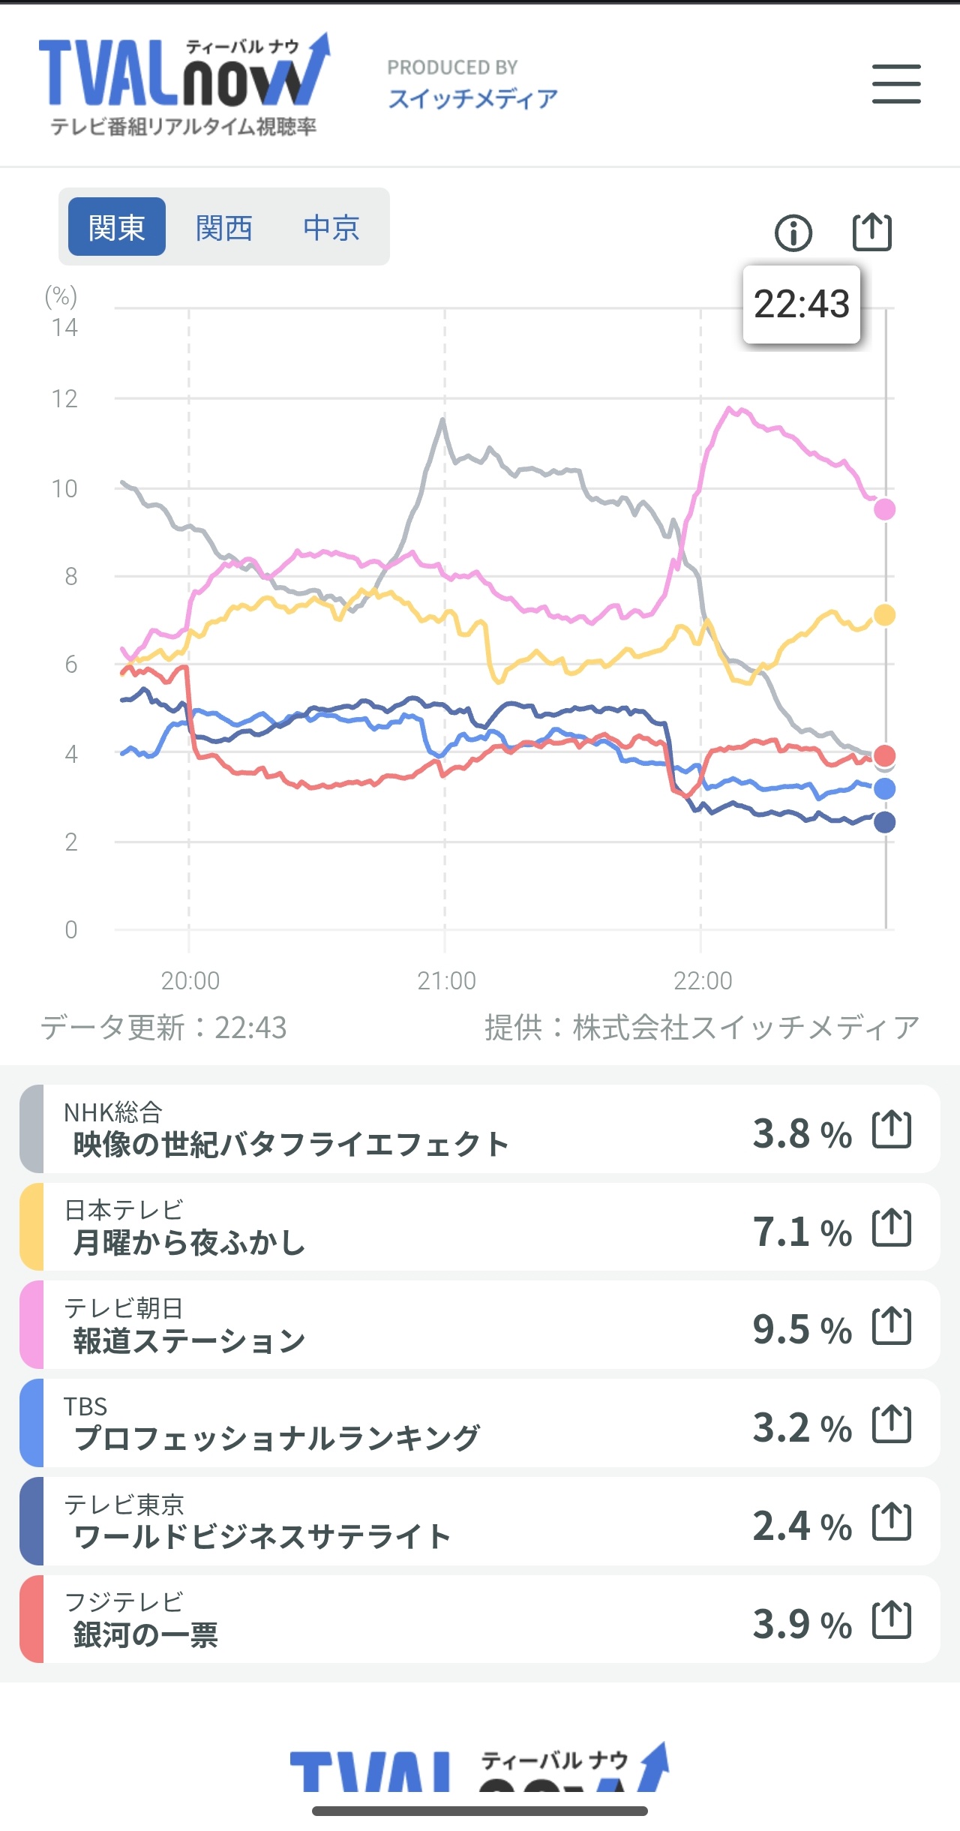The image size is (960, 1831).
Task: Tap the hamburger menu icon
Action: coord(896,83)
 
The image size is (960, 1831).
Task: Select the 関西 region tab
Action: coord(223,227)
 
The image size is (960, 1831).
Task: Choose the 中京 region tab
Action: coord(331,227)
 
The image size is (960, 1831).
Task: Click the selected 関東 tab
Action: coord(116,227)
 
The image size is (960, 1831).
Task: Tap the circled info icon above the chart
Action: coord(793,233)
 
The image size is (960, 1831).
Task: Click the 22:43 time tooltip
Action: coord(801,305)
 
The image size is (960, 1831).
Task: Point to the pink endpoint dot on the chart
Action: coord(884,509)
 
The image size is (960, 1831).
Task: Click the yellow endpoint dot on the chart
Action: coord(884,615)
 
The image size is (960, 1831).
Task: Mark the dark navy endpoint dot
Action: coord(884,822)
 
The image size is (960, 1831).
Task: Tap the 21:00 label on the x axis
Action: coord(446,980)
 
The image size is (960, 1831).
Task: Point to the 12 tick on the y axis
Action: coord(64,399)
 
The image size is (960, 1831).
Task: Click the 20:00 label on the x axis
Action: coord(190,980)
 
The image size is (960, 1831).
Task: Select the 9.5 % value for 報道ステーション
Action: coord(802,1329)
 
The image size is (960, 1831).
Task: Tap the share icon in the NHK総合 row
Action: coord(892,1129)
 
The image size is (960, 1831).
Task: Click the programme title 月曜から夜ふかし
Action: coord(189,1243)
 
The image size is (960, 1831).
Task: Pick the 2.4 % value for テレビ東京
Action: coord(802,1526)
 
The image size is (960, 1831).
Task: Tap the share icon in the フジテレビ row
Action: coord(892,1620)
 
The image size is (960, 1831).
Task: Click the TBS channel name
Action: coord(85,1406)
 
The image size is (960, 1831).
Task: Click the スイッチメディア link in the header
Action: coord(472,98)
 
